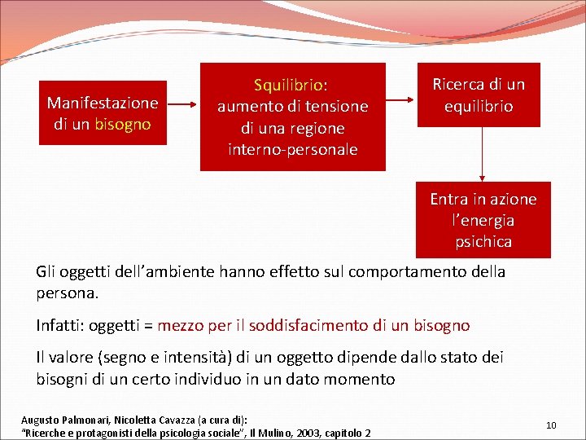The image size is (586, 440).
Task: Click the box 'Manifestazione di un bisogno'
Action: (103, 113)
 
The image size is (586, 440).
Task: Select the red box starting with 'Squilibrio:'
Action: (292, 117)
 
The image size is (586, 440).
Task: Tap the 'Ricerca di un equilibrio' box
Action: (479, 95)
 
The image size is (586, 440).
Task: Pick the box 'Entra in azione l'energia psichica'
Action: (483, 220)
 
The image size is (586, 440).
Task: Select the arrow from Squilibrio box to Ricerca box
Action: (401, 101)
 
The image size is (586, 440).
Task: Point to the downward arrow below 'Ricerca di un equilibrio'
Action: (483, 154)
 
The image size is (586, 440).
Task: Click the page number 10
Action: (551, 425)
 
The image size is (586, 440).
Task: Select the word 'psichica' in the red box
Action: (483, 241)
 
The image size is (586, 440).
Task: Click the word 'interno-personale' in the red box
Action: (292, 149)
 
